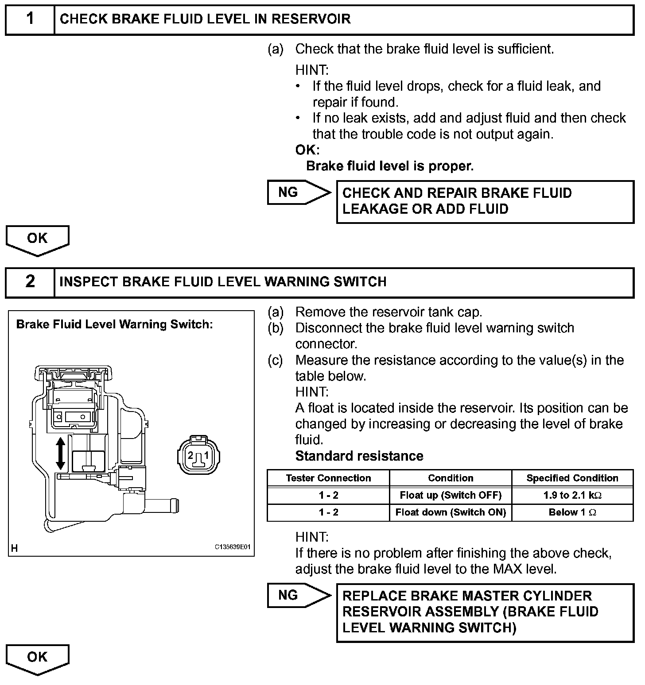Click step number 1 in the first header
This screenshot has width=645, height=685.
point(30,19)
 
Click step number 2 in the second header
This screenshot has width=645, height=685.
point(30,281)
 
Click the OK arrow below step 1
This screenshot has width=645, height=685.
point(37,239)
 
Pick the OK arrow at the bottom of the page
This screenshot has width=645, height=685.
point(37,658)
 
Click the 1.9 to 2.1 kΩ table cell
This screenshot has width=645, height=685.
point(572,495)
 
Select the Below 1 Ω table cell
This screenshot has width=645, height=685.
point(572,512)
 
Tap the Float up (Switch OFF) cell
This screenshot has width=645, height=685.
point(451,495)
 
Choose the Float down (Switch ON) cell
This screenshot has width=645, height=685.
point(451,512)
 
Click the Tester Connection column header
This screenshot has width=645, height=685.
point(328,478)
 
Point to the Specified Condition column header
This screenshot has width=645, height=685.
point(572,478)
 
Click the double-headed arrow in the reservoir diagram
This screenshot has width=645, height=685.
point(61,453)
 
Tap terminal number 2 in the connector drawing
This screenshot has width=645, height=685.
point(190,455)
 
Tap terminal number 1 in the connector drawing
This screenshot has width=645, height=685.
point(206,455)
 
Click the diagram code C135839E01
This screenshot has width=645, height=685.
point(233,547)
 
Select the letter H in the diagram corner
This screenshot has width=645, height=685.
point(15,548)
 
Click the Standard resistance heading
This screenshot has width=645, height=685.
point(359,456)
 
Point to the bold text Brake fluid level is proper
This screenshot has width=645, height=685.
point(390,166)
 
